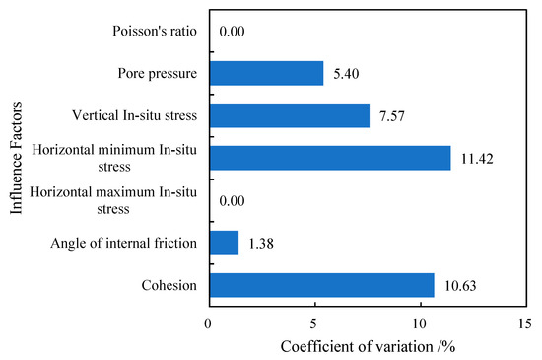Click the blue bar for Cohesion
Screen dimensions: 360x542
(321, 285)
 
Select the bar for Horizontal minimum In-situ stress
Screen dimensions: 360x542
(329, 158)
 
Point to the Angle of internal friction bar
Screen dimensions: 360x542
(224, 243)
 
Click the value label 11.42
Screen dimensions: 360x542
(478, 158)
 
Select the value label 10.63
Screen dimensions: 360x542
(461, 285)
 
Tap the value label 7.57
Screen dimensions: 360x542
(392, 115)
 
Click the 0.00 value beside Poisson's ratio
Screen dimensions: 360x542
(233, 32)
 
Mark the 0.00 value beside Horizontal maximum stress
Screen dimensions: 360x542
(233, 200)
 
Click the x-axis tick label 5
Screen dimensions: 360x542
(314, 322)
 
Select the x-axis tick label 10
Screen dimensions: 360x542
(420, 322)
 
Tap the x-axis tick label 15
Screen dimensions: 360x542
(525, 322)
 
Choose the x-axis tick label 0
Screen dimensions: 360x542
(209, 322)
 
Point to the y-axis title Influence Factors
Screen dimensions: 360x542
(15, 158)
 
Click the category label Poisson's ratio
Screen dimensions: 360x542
(156, 32)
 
